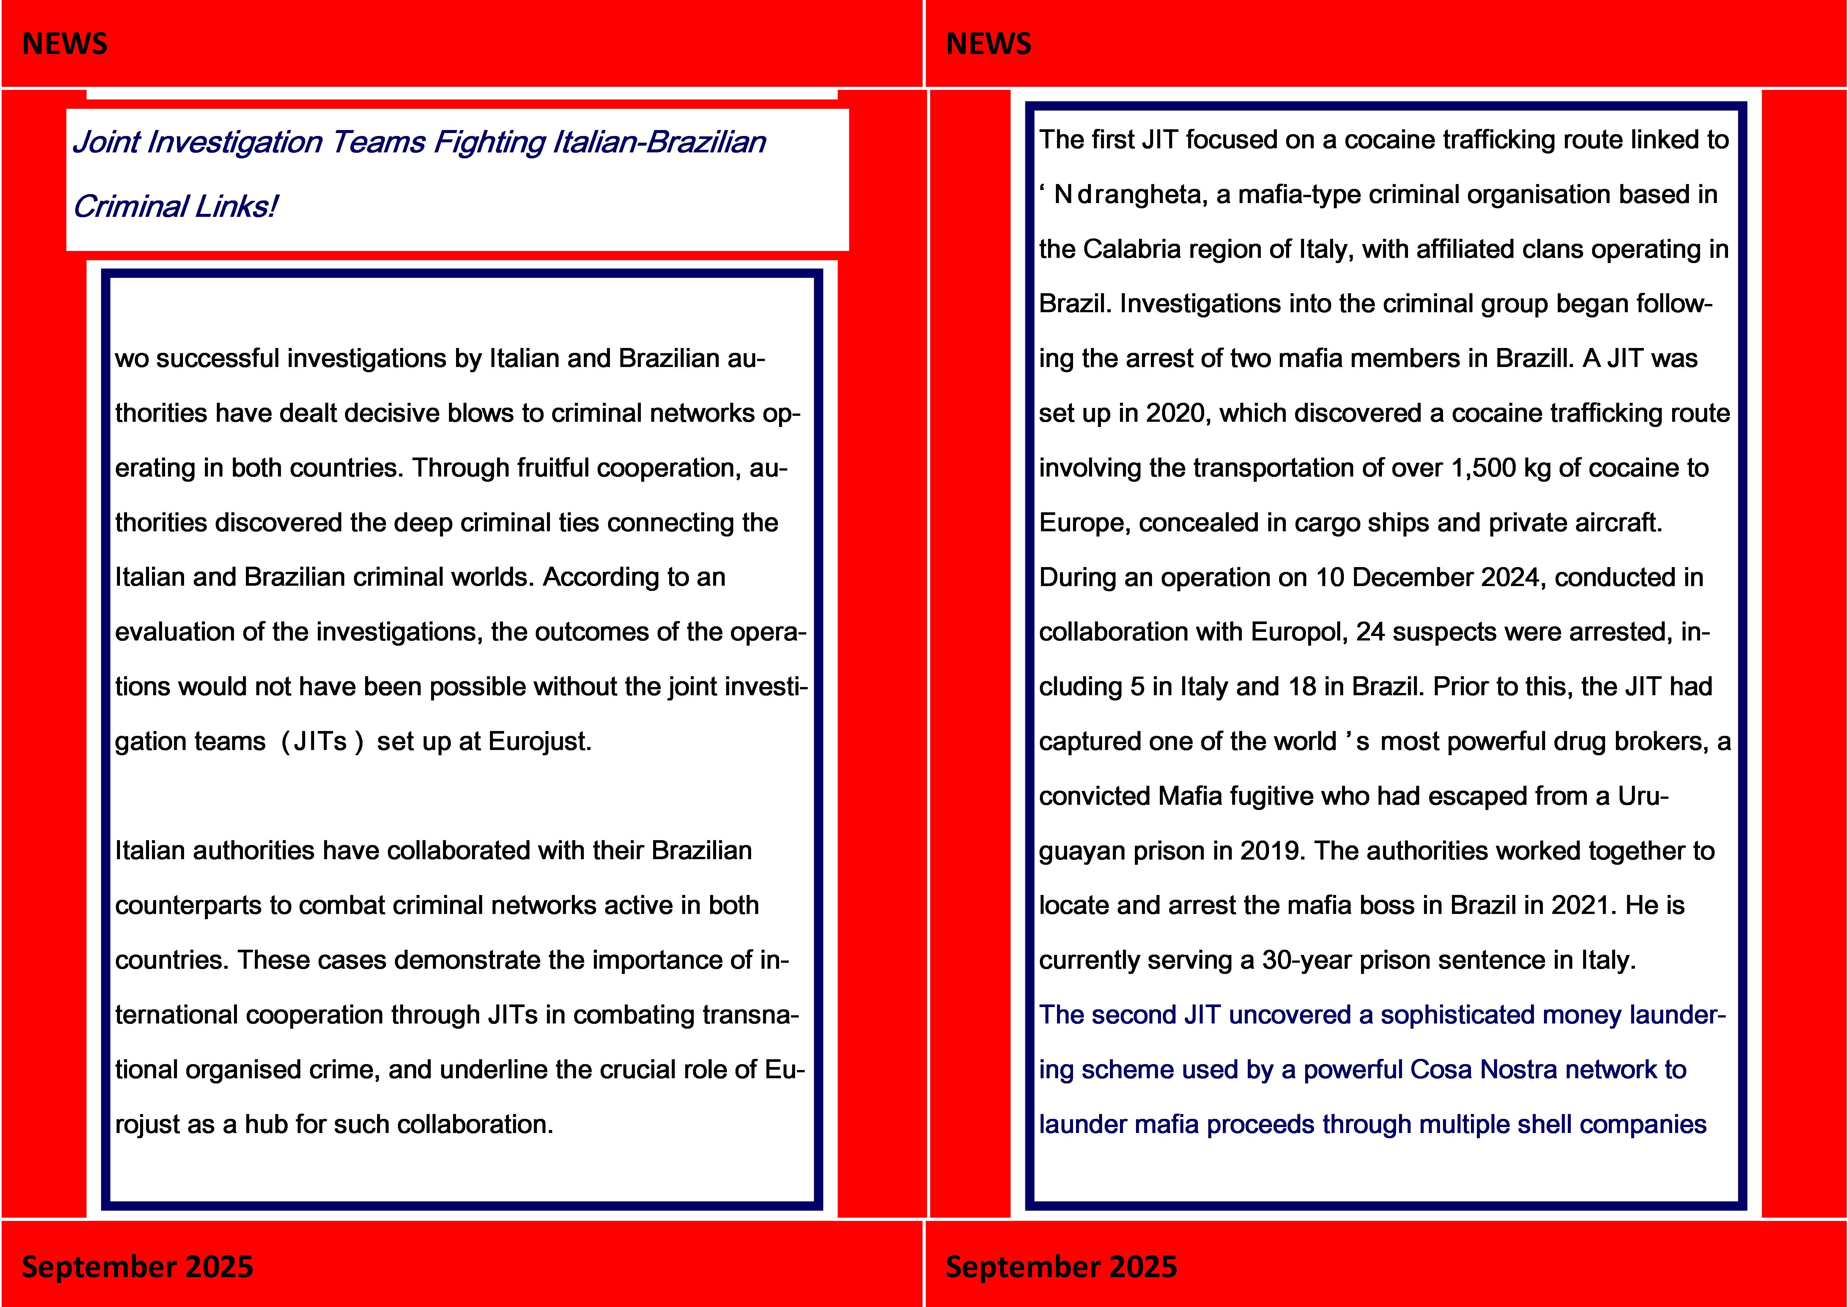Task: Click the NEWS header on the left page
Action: [64, 44]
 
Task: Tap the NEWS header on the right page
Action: [988, 44]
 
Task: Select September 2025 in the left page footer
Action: [137, 1266]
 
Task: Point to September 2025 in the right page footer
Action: [1061, 1266]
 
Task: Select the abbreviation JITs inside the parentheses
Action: [320, 741]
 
